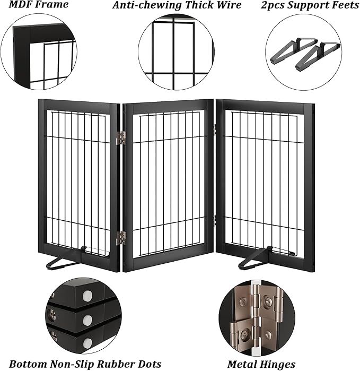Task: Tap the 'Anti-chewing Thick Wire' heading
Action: tap(177, 5)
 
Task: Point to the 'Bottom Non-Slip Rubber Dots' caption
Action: tap(85, 364)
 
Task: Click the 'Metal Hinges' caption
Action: tap(261, 364)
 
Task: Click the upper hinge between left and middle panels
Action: tap(121, 137)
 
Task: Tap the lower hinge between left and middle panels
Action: tap(121, 238)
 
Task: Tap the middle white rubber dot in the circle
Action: tap(87, 320)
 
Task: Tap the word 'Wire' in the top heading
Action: tap(229, 5)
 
